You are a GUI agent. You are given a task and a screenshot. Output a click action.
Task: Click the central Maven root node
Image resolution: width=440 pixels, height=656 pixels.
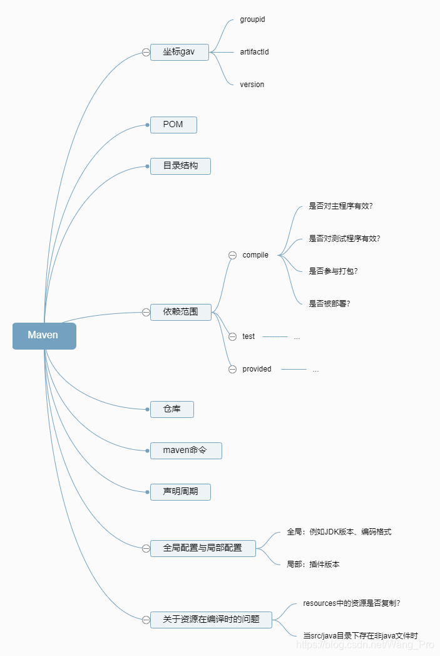44,336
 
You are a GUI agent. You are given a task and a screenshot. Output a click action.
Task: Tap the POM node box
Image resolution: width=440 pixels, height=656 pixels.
173,125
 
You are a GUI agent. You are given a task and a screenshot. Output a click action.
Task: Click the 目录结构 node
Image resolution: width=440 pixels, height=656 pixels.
180,166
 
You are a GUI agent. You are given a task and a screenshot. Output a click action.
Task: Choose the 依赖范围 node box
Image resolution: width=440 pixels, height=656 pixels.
180,312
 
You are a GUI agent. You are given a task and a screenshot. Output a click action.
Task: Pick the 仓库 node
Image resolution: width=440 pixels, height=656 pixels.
171,410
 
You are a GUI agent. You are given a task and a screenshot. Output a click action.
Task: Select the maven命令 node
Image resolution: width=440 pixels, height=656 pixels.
185,450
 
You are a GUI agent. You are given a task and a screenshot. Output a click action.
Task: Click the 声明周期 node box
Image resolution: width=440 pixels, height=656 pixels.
180,492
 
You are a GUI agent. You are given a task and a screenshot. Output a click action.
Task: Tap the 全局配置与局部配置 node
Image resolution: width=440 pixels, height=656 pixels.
203,548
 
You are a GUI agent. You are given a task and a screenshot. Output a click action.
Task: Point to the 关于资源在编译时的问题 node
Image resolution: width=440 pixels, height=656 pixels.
210,620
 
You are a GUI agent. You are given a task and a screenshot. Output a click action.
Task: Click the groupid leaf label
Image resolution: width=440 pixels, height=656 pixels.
252,19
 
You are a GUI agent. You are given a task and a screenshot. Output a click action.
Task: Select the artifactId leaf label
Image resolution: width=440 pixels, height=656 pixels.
254,52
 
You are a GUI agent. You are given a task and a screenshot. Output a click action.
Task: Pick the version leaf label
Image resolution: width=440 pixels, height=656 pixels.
252,85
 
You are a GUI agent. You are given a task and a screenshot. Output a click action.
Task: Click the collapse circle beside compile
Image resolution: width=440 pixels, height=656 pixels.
232,255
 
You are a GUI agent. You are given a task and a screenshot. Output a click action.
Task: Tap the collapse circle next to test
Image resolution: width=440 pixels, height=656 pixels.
232,336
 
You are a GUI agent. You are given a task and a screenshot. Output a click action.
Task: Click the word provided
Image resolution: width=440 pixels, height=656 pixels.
257,369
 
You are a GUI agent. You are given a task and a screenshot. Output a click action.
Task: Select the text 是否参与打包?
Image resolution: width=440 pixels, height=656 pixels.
333,271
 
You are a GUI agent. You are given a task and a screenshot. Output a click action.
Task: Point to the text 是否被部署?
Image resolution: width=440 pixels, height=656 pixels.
329,304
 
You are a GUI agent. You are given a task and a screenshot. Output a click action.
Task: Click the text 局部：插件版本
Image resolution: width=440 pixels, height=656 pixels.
313,565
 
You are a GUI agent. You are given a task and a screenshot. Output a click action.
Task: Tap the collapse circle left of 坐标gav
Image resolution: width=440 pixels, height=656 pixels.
146,53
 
